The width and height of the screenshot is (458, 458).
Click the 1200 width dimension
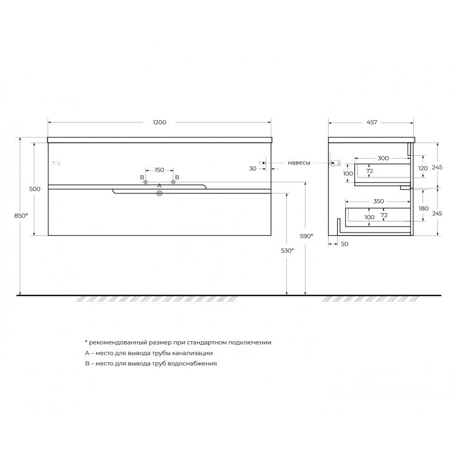(160, 123)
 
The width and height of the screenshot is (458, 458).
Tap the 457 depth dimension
(372, 123)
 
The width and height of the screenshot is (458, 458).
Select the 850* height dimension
(21, 216)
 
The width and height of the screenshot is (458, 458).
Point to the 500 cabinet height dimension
(35, 189)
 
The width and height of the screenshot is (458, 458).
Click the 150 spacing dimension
(159, 169)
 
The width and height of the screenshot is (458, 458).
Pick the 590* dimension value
(306, 236)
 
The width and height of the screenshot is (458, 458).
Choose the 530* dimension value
(287, 251)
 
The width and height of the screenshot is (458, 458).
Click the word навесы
(299, 163)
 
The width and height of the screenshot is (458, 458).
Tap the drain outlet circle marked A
(160, 193)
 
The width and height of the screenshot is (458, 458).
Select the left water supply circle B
(145, 182)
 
